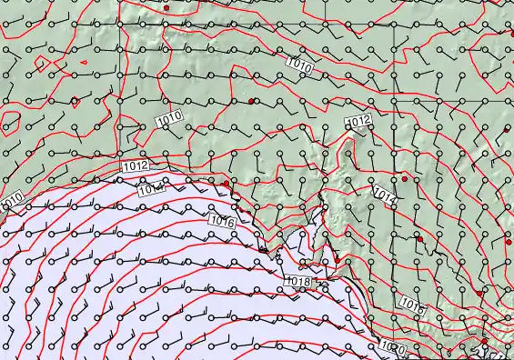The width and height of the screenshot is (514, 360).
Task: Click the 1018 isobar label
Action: click(299, 282)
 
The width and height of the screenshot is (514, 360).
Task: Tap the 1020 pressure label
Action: click(392, 347)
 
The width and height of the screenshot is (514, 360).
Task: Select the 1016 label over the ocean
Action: click(222, 221)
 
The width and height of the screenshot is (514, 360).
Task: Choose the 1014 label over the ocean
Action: click(151, 189)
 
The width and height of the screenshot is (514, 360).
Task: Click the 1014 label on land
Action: click(385, 195)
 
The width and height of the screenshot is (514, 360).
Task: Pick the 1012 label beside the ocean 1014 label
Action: click(135, 166)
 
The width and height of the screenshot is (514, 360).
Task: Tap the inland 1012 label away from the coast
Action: click(358, 121)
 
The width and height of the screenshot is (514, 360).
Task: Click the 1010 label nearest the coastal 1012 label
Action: click(168, 117)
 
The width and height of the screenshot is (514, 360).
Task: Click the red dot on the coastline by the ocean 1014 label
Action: click(227, 184)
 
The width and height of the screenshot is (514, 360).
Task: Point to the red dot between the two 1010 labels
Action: click(251, 100)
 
